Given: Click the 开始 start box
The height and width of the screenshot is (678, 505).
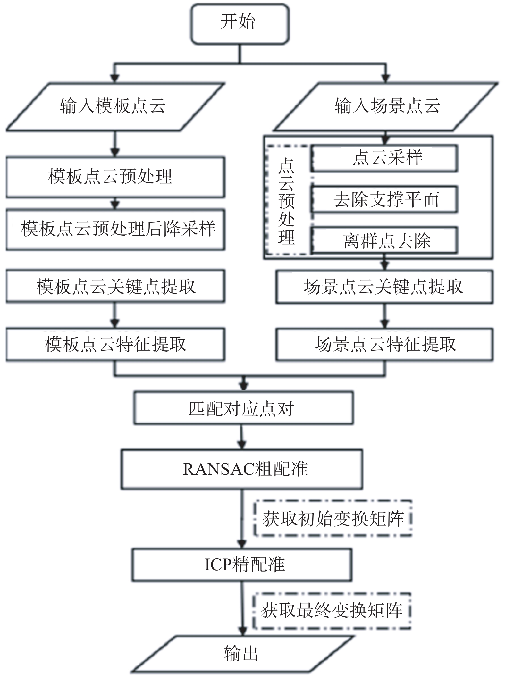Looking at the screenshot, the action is coord(240,24).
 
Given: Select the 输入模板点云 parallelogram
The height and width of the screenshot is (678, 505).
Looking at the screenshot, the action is coord(115,107).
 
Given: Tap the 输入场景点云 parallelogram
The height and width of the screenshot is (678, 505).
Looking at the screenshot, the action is coord(385,107).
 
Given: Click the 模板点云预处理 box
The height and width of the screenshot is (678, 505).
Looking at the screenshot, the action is coord(115,177).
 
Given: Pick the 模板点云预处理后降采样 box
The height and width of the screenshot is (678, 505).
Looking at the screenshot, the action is coord(115,230).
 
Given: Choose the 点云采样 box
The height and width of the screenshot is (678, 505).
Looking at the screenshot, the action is coord(384,158).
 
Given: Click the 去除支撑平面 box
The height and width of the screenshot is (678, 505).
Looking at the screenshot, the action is coord(384,199).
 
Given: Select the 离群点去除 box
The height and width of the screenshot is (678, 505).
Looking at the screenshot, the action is coord(384,240).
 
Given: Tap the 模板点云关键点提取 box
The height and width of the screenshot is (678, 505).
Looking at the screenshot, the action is coord(115,286).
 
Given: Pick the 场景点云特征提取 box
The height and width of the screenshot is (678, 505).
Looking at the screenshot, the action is coord(385,344).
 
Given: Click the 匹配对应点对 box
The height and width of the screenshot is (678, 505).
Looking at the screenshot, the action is coord(244,408).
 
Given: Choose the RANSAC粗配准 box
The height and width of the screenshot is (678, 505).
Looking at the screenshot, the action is coord(242,469).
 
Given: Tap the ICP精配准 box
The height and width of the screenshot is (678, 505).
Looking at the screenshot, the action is coord(242,565).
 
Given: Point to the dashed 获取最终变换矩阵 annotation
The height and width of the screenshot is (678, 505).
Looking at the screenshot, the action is coord(332,611).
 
